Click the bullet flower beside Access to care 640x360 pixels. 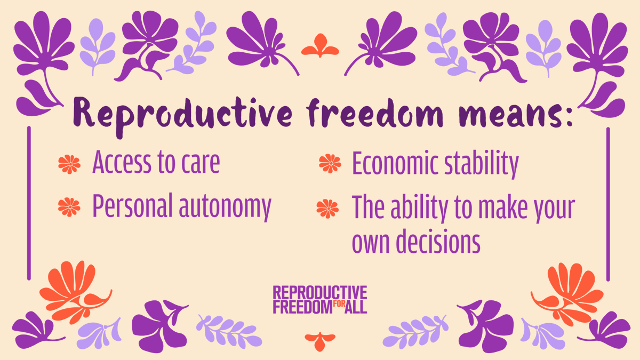click(x=69, y=164)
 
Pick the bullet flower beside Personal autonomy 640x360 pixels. click(x=69, y=205)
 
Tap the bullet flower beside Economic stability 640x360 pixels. click(x=330, y=164)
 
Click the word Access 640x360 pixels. click(x=122, y=163)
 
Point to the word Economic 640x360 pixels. click(x=390, y=164)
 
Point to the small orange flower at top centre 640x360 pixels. click(x=320, y=47)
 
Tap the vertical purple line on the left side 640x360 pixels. click(x=28, y=203)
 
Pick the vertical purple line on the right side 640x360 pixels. click(x=608, y=203)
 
